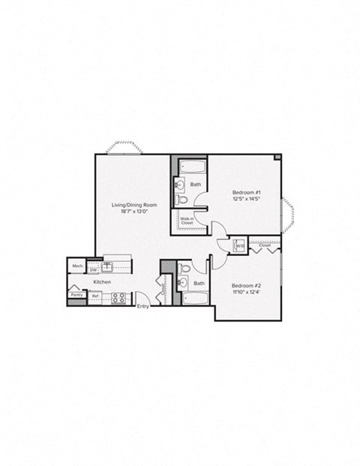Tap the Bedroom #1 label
tap(246, 193)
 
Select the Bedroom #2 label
tap(246, 286)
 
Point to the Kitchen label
tap(102, 282)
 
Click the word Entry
tap(142, 306)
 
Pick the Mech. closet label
tap(76, 266)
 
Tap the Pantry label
tap(76, 295)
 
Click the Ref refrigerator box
tap(95, 296)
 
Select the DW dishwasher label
tap(93, 270)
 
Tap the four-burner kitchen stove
tap(118, 297)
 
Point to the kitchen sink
tap(107, 266)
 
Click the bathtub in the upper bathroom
tap(194, 167)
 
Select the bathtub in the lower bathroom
tap(196, 298)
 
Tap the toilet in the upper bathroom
tap(181, 200)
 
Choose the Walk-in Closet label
tap(187, 221)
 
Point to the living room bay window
tap(124, 149)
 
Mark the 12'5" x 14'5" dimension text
tap(246, 200)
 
